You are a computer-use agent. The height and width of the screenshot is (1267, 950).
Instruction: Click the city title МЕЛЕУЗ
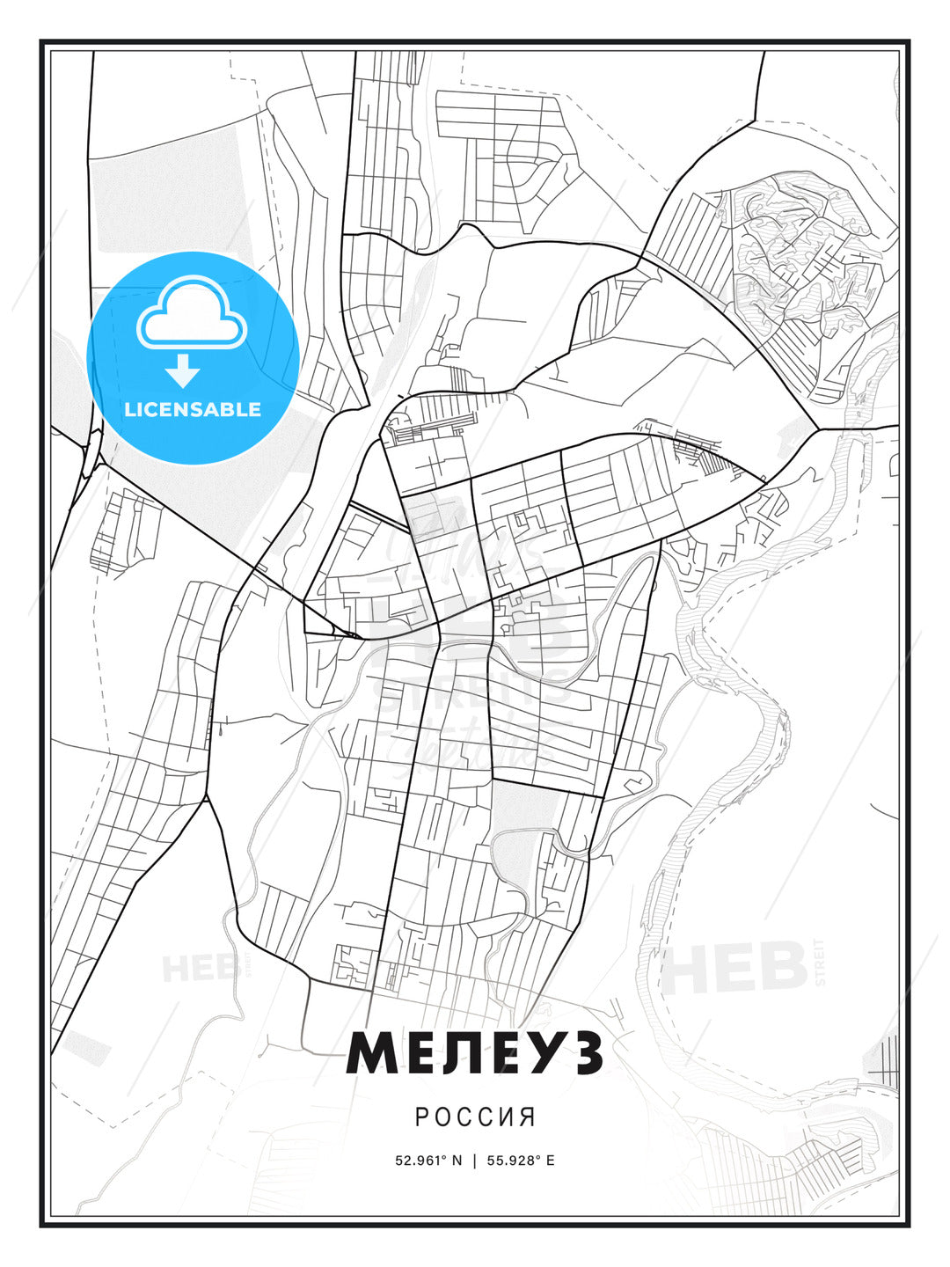pos(475,1053)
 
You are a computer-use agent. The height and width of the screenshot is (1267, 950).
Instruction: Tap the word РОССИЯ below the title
pos(475,1117)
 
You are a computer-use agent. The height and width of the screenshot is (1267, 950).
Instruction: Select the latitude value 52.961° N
pos(428,1160)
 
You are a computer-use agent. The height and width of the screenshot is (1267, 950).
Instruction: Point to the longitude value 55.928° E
pos(522,1160)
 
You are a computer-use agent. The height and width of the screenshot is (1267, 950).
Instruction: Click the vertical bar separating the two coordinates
pos(475,1160)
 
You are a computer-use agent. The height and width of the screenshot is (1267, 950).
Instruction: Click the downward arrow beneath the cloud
pos(184,371)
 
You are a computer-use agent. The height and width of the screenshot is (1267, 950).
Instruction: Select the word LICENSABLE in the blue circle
pos(193,409)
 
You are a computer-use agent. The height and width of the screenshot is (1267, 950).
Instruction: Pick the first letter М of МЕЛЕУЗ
pos(371,1053)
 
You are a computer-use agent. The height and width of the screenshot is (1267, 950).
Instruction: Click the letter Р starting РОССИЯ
pos(421,1117)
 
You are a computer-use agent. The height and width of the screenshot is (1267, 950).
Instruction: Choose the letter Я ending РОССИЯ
pos(528,1117)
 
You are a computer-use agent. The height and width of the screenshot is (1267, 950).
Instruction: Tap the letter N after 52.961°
pos(457,1160)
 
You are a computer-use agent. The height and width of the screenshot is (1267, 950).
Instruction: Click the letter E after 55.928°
pos(551,1160)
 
